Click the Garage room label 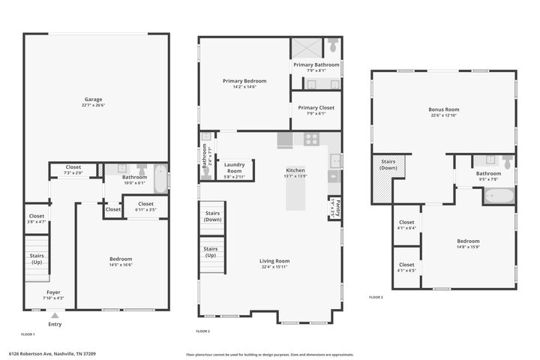pos(94,99)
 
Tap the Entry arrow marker pos(55,316)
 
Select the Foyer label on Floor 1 pos(53,292)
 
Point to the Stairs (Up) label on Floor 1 pos(37,258)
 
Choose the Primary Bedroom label pos(244,80)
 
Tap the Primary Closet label pos(316,107)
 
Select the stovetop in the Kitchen pos(312,139)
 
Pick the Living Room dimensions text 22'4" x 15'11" pos(274,267)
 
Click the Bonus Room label pos(444,109)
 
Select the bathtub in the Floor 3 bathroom pos(499,196)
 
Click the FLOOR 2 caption pos(202,331)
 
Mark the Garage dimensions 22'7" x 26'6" pos(94,106)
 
